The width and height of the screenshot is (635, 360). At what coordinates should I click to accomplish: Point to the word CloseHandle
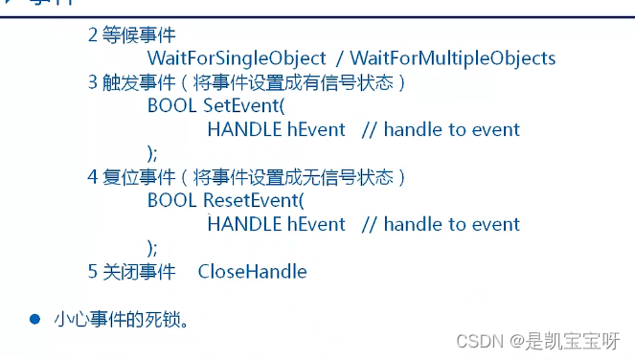(x=252, y=271)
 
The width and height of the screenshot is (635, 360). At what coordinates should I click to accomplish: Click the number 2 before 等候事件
(x=93, y=35)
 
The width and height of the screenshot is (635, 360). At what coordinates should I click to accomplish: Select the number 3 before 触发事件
(x=93, y=82)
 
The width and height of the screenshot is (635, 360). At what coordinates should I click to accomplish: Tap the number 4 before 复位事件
(x=93, y=177)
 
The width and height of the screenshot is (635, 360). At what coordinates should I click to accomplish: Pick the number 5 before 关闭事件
(x=93, y=271)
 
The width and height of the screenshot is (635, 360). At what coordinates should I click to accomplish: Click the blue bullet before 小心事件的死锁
(x=34, y=318)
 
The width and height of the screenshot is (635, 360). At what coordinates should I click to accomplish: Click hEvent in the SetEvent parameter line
(x=316, y=129)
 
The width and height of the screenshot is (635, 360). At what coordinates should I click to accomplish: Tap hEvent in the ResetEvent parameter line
(x=316, y=224)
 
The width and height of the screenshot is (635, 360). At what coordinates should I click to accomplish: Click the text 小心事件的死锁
(x=120, y=318)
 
